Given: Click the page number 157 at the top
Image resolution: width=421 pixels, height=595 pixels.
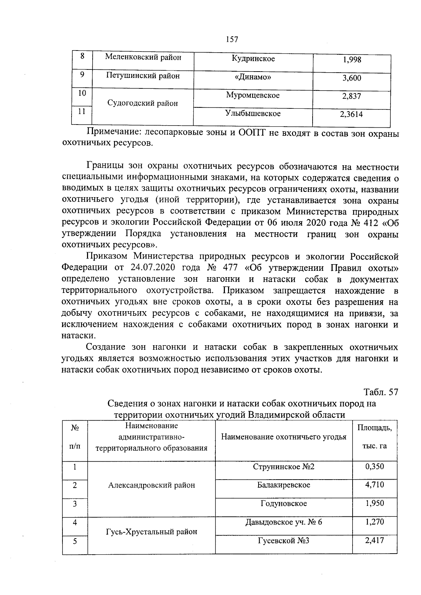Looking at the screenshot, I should (x=232, y=39).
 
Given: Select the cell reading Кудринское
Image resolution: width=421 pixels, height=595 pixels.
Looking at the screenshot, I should (x=253, y=59).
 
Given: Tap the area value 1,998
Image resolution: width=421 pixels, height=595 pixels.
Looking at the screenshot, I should (x=352, y=60).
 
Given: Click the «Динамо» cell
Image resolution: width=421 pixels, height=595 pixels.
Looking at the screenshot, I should (x=253, y=77).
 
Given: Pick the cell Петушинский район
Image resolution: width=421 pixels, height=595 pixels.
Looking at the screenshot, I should (x=143, y=75).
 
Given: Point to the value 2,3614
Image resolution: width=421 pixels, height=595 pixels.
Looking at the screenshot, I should (x=352, y=114).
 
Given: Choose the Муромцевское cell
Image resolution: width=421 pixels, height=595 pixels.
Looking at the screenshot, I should (x=253, y=95).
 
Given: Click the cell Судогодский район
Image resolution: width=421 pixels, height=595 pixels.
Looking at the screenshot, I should (x=142, y=103).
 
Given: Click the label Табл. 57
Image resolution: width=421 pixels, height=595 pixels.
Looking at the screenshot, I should (x=381, y=392).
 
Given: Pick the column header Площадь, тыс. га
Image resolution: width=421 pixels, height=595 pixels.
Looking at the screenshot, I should (x=375, y=437).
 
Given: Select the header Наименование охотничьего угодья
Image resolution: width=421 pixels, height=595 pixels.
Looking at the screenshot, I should (x=283, y=437).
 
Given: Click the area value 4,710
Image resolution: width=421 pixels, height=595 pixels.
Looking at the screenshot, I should (x=375, y=485).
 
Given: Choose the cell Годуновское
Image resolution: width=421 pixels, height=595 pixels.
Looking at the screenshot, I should (x=283, y=503).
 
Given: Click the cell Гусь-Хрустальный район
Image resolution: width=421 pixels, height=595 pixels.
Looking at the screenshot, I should (x=151, y=532).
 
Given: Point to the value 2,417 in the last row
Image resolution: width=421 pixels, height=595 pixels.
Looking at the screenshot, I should (x=375, y=540).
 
